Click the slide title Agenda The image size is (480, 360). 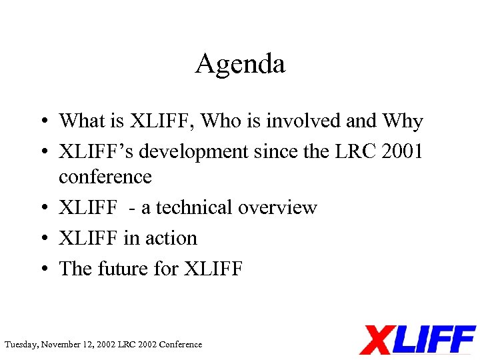click(x=240, y=65)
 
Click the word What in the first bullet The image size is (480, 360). click(x=79, y=121)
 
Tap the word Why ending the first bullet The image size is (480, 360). click(x=403, y=121)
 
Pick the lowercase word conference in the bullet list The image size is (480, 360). click(x=105, y=177)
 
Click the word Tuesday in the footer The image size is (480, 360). click(x=21, y=345)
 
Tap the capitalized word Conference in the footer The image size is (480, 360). click(x=180, y=345)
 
